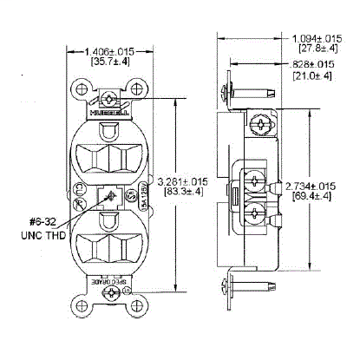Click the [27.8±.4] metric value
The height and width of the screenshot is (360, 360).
pyautogui.click(x=315, y=52)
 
